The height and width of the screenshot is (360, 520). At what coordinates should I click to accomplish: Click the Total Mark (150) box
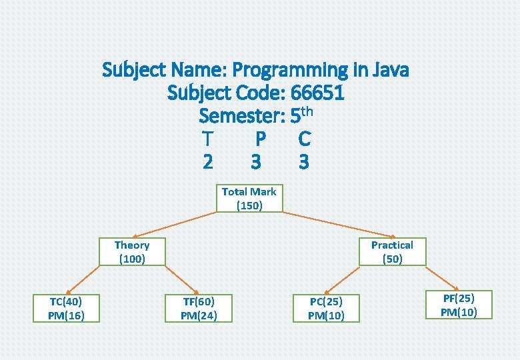[x=249, y=198]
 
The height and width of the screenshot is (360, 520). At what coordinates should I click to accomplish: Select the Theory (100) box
[x=131, y=252]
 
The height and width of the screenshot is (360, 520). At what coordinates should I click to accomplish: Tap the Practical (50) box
[x=392, y=252]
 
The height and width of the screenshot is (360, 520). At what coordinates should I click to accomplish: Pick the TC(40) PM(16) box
[x=66, y=308]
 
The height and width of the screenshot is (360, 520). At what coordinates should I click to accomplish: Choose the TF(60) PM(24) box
[x=199, y=308]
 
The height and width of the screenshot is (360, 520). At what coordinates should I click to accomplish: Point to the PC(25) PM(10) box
[x=326, y=309]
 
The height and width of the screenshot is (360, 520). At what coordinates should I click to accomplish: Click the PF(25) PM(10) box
[x=459, y=305]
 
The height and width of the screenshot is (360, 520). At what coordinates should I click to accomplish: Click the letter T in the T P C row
[x=208, y=139]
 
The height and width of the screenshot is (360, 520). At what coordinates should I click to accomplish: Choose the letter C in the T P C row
[x=304, y=139]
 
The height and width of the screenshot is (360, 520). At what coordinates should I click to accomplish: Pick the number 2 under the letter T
[x=208, y=162]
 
